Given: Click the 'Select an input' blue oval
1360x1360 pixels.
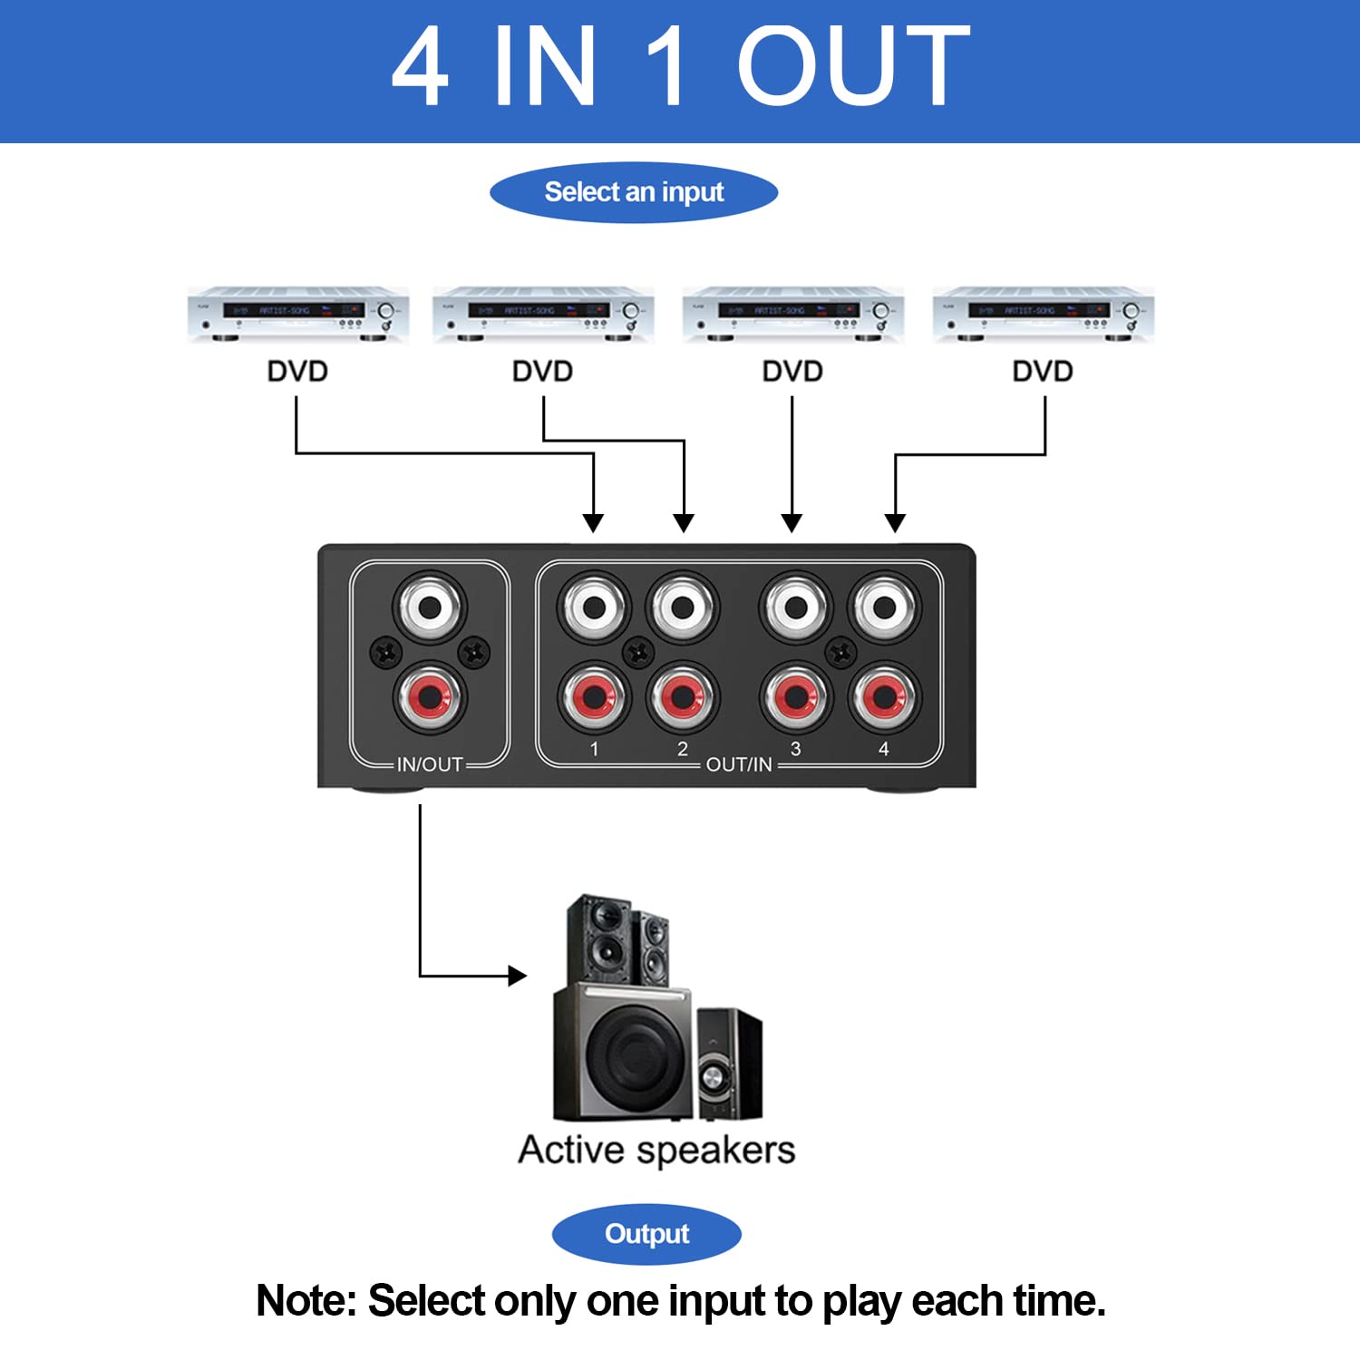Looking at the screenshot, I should point(634,192).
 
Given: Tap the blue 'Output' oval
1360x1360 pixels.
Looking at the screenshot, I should point(646,1234).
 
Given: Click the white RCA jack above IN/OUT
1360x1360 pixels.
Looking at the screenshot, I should point(430,606).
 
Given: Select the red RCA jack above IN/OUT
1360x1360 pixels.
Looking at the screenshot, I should point(430,697).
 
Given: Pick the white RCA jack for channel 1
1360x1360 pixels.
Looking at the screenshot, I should point(594,607).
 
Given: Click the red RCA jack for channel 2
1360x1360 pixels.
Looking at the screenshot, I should point(683,697).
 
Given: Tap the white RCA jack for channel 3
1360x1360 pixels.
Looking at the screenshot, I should point(795,607).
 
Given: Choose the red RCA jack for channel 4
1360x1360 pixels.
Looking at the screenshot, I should point(884,697).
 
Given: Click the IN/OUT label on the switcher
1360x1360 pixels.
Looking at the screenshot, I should point(430,764).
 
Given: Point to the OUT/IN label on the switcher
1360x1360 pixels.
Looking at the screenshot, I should point(739,764).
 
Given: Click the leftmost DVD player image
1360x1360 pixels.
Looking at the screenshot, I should point(297,315).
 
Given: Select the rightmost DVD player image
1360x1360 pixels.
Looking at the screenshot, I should point(1043,315).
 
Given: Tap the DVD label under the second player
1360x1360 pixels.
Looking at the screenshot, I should point(542,372).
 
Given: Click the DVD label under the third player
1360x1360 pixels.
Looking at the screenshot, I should point(792,372).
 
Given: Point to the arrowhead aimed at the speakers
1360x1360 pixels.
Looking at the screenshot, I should point(518,976).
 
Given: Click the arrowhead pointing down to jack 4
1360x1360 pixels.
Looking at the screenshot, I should point(895,523).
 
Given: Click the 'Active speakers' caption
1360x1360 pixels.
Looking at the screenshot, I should point(656,1150).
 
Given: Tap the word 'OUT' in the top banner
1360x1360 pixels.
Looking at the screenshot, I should point(853,66).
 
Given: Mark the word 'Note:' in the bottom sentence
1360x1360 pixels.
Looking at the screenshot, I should point(306,1301).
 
